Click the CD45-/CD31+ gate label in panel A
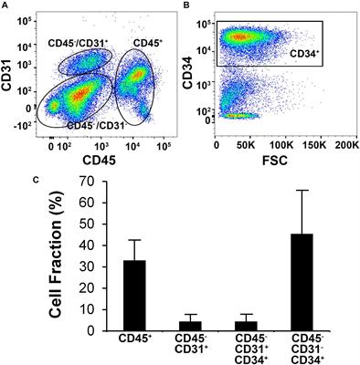click(78, 43)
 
